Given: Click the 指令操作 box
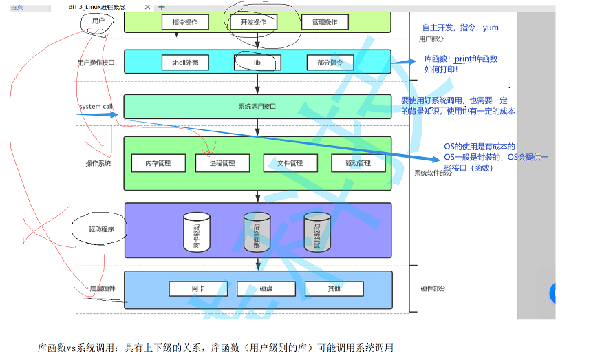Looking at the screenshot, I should [x=184, y=21].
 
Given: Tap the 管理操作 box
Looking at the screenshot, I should [x=324, y=21].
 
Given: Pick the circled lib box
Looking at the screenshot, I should [x=257, y=63].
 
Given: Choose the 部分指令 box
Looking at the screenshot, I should [x=330, y=63].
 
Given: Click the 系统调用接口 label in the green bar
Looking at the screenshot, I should [x=257, y=107].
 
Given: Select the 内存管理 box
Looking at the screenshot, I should [x=158, y=163].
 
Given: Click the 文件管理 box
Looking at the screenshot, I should [x=290, y=163].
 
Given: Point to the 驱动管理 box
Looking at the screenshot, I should [x=358, y=163].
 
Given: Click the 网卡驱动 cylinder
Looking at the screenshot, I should [x=196, y=232].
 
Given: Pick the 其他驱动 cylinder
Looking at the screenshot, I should [x=316, y=232].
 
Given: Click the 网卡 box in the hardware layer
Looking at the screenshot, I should [x=197, y=288].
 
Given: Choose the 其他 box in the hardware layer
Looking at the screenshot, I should [x=333, y=288].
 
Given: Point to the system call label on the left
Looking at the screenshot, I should [x=96, y=107].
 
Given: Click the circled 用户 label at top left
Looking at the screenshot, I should [x=98, y=21].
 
